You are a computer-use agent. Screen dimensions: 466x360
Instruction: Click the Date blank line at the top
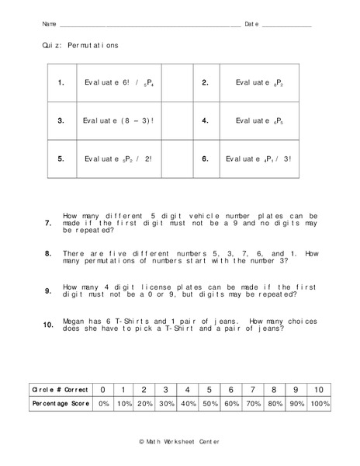(x=286, y=26)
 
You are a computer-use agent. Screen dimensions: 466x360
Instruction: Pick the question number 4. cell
(x=206, y=120)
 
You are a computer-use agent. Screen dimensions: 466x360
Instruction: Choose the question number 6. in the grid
(x=206, y=158)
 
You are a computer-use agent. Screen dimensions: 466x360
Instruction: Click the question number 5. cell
(x=61, y=158)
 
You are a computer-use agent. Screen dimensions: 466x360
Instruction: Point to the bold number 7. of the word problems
(x=48, y=223)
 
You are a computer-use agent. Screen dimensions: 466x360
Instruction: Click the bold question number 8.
(x=48, y=253)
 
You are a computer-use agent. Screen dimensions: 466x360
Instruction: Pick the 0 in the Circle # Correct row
(x=102, y=389)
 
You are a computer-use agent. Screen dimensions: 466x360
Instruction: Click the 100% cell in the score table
(x=319, y=404)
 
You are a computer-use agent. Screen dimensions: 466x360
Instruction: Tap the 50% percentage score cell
(x=209, y=404)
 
